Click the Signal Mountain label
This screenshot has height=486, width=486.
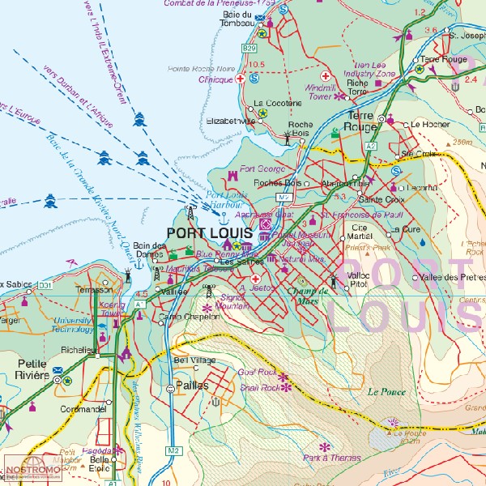(x=233, y=303)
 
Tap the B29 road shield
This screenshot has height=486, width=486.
(x=249, y=49)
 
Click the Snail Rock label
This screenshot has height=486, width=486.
(x=258, y=388)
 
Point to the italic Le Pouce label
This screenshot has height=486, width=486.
(x=386, y=391)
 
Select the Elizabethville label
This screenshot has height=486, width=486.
(x=232, y=121)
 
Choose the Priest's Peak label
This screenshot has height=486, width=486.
(x=367, y=248)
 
